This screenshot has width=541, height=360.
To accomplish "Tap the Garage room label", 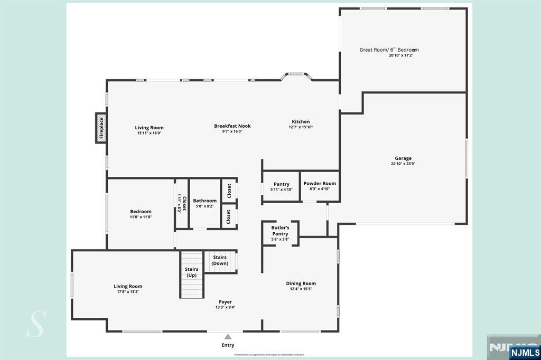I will (403, 158).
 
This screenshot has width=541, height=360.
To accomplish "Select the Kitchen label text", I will (301, 122).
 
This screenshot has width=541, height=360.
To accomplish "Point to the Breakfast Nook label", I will (232, 126).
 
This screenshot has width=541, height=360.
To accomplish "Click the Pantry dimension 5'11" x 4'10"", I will (281, 190).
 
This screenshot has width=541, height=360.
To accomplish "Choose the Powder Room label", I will (320, 184).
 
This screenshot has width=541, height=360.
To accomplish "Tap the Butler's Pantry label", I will (280, 231).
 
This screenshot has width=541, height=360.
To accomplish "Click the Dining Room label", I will (301, 283).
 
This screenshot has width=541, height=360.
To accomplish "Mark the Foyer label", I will (225, 302).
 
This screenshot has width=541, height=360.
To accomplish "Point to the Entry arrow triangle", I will (228, 336).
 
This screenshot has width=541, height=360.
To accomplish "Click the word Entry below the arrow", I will (228, 345).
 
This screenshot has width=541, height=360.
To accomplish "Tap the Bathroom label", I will (204, 201).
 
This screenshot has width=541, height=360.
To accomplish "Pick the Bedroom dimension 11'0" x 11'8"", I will (141, 217).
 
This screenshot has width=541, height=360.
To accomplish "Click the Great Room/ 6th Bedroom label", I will (389, 50).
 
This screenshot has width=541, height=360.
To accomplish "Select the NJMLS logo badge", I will (524, 352).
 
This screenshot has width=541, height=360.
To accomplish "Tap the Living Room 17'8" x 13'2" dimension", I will (128, 292).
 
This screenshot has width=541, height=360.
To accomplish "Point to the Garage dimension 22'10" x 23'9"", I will (403, 164).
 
